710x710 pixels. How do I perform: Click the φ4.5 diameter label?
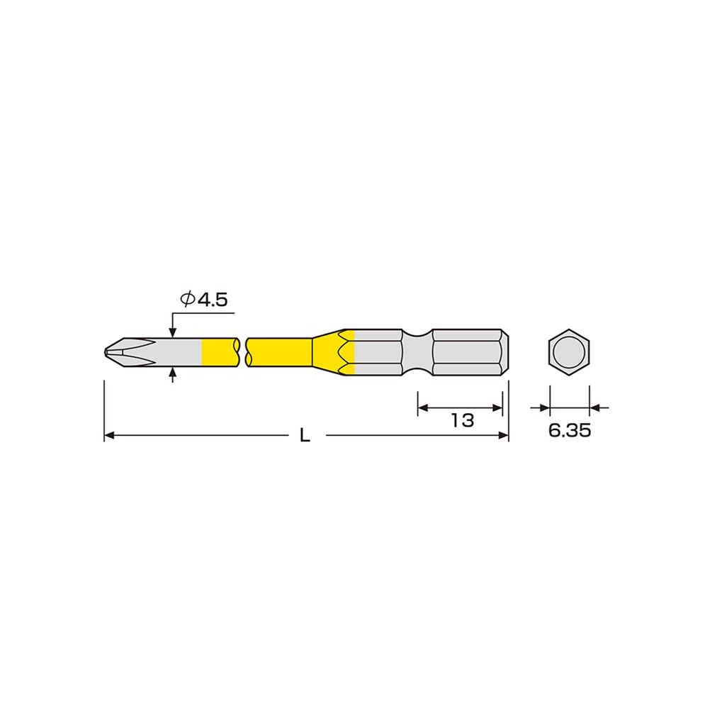[x=203, y=300]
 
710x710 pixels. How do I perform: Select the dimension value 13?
[x=461, y=419]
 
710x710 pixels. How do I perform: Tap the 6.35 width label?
[x=569, y=431]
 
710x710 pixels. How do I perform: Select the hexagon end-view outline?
[x=569, y=351]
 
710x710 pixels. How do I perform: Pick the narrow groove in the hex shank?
[x=417, y=351]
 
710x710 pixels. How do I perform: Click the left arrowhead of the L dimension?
[x=109, y=436]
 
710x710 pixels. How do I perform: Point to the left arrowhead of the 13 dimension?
[x=422, y=407]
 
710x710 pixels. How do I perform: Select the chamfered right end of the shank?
[x=505, y=351]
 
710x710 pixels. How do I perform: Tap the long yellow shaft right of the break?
[x=280, y=351]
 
